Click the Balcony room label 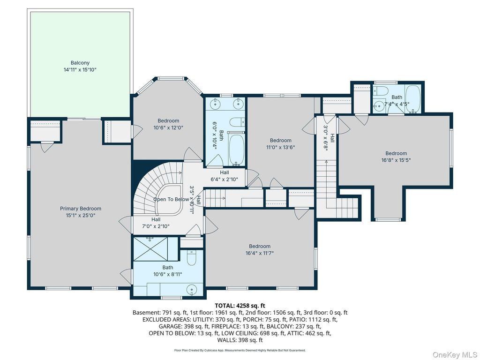[x=80, y=63]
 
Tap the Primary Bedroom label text [x=81, y=209]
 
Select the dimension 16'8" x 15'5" [x=396, y=160]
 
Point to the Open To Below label [x=171, y=199]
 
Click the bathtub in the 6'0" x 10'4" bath [x=237, y=149]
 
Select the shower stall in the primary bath [x=150, y=248]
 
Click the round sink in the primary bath [x=192, y=290]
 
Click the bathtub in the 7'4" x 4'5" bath [x=413, y=99]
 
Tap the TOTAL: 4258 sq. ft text [x=240, y=306]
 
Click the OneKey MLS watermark [x=454, y=355]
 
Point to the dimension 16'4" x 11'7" [x=260, y=253]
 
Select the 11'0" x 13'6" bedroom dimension [x=280, y=147]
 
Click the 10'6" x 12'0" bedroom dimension [x=168, y=127]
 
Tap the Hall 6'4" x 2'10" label [x=225, y=176]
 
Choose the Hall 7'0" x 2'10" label [x=156, y=223]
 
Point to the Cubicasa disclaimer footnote [x=240, y=350]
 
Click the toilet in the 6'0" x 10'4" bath [x=238, y=122]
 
